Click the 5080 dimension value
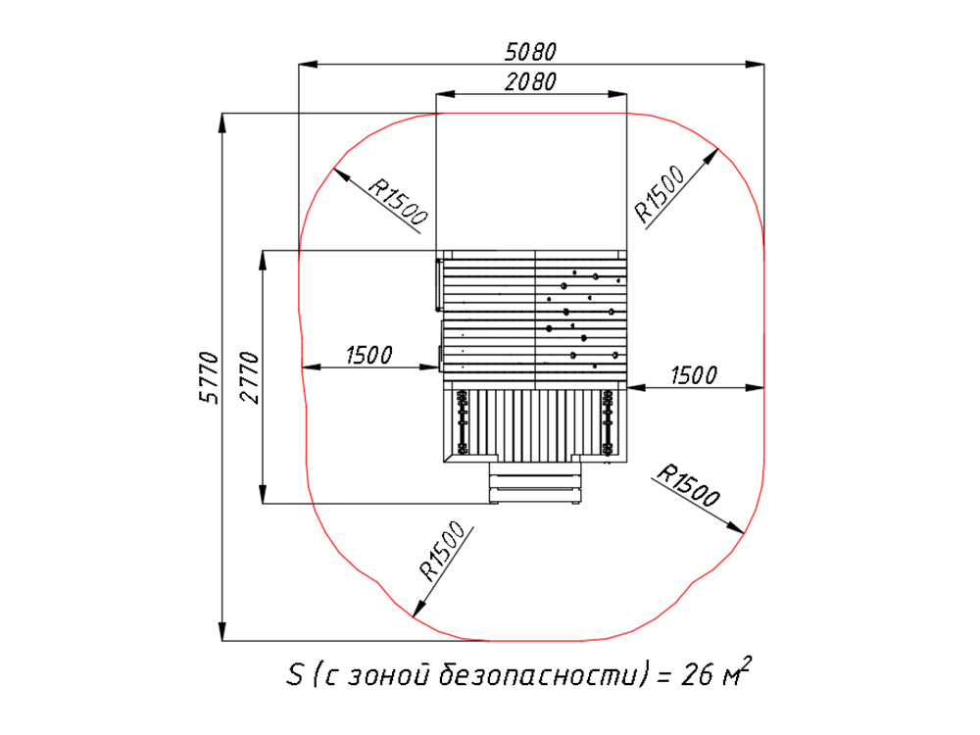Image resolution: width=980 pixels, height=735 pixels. pos(530,52)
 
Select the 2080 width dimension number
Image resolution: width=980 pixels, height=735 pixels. pos(530,82)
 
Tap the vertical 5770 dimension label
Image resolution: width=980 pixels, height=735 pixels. pos(210,377)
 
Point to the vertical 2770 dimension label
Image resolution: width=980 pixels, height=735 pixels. pos(249,377)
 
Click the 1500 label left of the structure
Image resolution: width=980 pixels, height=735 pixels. pos(369,355)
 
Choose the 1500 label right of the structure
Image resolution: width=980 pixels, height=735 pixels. pos(694,375)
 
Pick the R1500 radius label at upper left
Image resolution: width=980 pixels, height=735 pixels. pos(398,201)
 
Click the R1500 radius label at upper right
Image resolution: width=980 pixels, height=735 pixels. pos(660,194)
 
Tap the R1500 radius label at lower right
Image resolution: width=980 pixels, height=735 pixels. pos(689,486)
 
